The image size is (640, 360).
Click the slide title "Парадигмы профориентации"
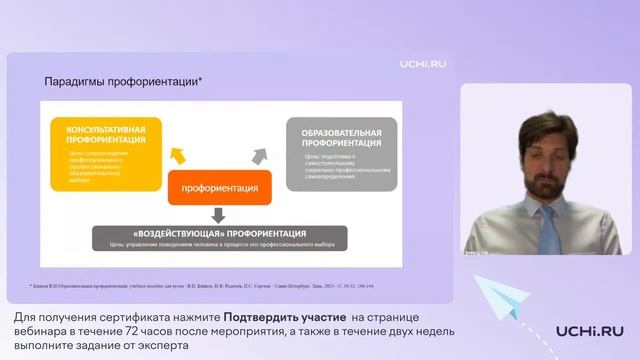click(122, 81)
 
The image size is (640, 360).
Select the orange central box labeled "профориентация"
click(219, 187)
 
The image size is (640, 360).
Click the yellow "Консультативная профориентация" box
click(107, 152)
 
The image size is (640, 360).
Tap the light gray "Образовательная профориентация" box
click(341, 153)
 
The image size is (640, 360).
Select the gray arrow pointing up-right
click(259, 155)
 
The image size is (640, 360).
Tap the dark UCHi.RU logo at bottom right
click(589, 331)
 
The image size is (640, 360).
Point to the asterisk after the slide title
click(200, 79)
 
